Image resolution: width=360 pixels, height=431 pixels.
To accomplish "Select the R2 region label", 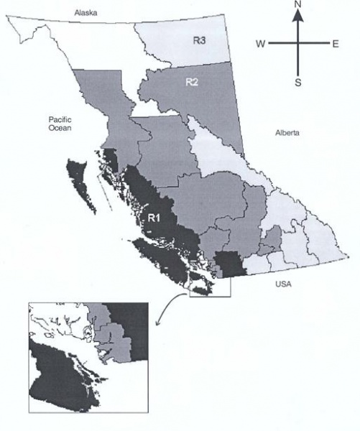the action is (192, 82).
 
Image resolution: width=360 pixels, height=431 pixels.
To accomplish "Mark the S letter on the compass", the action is (297, 82).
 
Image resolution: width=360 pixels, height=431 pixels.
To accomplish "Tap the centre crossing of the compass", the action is (297, 44).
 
